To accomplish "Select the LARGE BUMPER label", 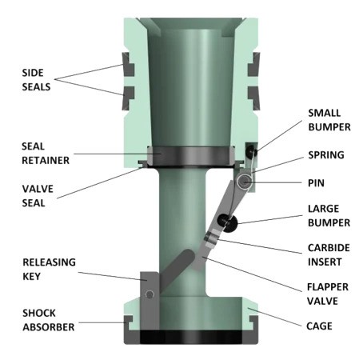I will coord(324,218).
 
